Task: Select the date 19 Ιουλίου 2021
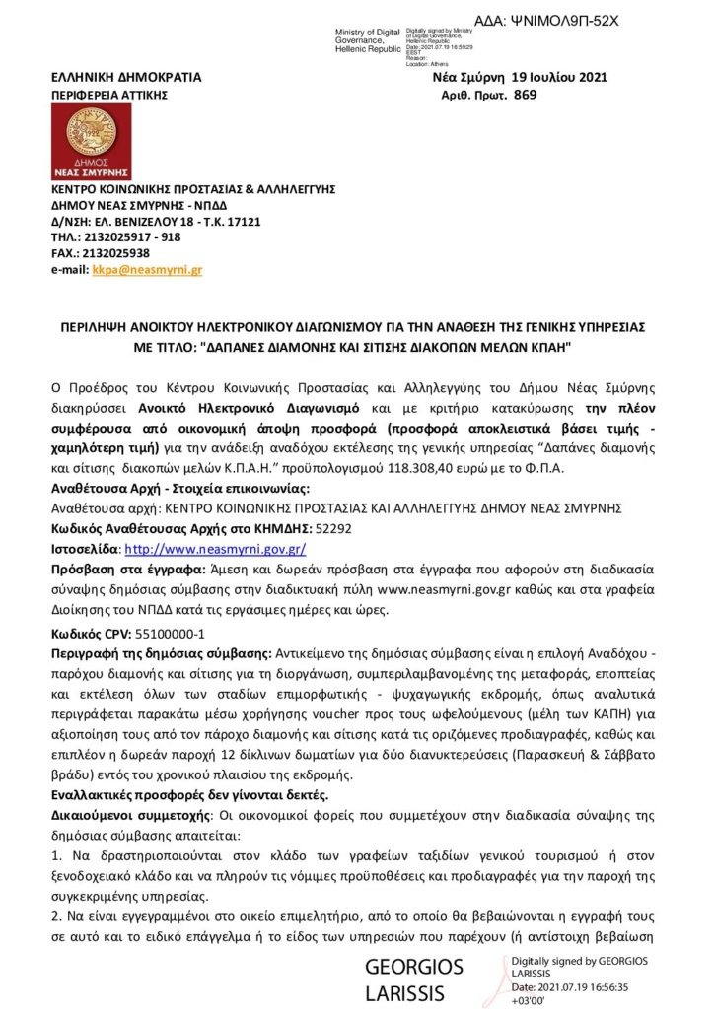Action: [559, 76]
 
